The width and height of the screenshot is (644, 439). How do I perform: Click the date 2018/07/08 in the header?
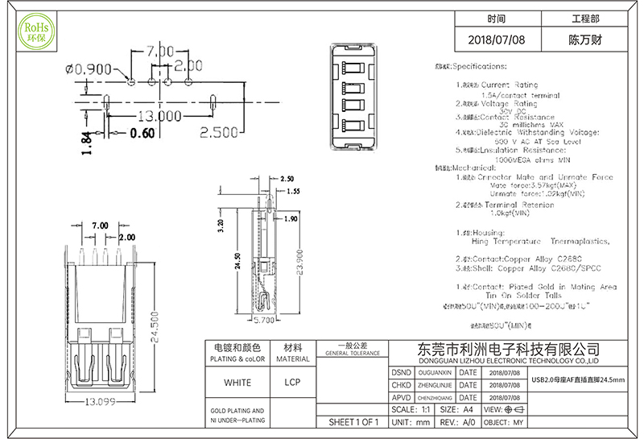[496, 39]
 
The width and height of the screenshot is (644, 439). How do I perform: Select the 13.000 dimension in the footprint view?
[159, 115]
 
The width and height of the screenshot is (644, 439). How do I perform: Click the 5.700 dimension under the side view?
[265, 320]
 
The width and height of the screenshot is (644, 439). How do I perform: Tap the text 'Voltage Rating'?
[508, 104]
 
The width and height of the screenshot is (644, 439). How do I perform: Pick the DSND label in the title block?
[401, 373]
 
